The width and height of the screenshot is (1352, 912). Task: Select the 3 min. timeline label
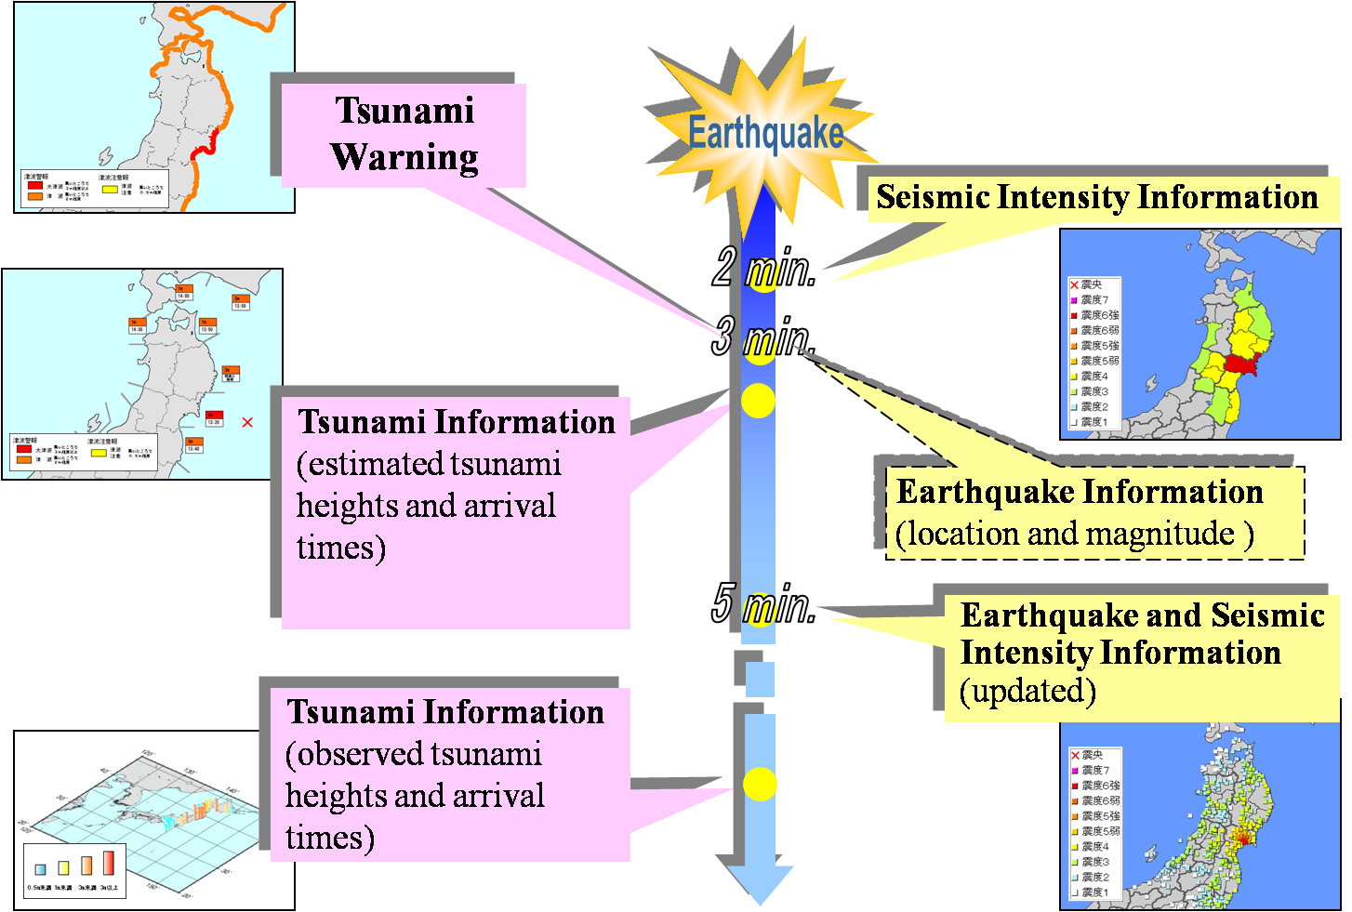pos(763,337)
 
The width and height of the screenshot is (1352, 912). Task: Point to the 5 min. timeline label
pos(763,603)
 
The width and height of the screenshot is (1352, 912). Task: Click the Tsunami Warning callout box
pos(404,135)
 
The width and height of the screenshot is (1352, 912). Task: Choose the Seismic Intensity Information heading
pos(1097,198)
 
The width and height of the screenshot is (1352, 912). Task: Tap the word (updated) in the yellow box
pos(1027,692)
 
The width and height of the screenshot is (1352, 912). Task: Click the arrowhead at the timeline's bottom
pos(760,884)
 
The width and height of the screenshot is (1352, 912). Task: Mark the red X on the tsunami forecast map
pos(247,423)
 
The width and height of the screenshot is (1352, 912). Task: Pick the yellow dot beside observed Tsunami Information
pos(760,785)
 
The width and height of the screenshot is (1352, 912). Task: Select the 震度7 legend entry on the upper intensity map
pos(1094,300)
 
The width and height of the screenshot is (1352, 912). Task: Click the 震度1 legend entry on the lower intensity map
pos(1094,892)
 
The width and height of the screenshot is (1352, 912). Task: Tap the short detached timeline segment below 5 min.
pos(760,680)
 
